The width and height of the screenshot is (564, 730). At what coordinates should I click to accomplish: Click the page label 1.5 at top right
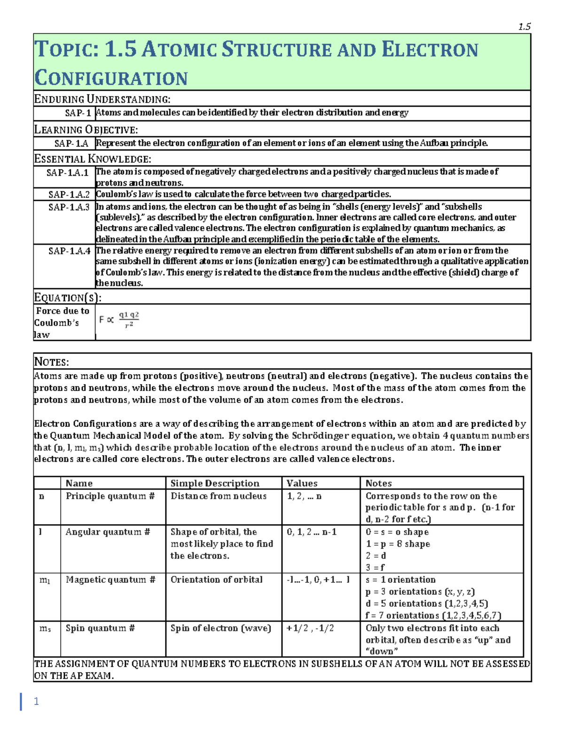524,27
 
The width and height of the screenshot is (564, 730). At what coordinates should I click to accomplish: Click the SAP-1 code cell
78,113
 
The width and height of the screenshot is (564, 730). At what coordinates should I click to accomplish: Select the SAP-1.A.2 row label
69,194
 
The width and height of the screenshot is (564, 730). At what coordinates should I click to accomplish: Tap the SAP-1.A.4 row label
69,251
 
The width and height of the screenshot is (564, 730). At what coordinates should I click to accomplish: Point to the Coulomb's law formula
119,320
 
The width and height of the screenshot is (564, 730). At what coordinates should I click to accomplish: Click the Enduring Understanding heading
102,99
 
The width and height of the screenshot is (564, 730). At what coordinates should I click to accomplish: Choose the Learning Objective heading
86,130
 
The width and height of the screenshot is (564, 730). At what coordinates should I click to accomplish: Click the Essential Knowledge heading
93,159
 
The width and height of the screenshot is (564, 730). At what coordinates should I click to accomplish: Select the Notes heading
52,361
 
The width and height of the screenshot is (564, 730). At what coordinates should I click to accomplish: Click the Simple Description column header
215,483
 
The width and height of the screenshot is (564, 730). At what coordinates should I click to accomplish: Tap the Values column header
302,483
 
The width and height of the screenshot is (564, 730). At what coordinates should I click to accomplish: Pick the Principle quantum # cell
110,496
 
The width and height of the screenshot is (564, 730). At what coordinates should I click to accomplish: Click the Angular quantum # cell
108,532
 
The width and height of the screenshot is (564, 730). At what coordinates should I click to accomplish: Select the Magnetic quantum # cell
110,580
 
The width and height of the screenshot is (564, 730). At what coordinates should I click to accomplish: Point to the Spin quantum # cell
100,628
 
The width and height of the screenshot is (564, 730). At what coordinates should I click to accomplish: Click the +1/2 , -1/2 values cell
310,628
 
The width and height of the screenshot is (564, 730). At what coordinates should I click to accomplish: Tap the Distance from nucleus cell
219,496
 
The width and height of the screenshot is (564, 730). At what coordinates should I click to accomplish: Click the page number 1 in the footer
36,701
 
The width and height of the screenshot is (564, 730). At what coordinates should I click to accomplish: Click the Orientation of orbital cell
216,580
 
